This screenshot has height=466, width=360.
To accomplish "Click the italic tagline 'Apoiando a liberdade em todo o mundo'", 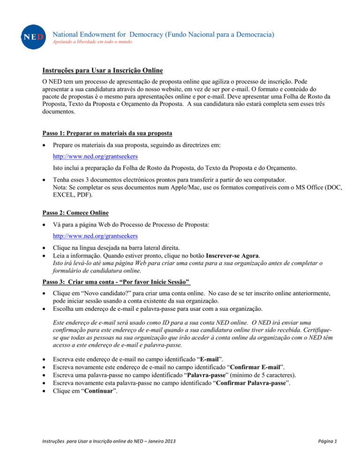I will point(93,42).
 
